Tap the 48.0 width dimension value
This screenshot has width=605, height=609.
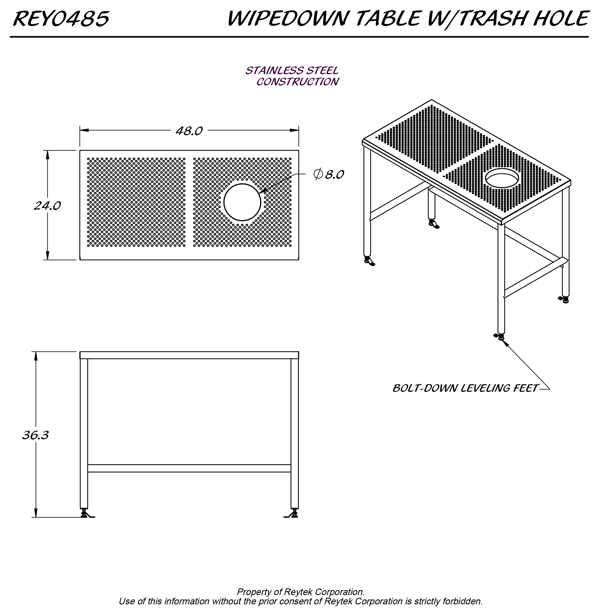189,131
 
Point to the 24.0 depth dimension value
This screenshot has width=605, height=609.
47,206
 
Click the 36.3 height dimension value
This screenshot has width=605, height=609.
35,435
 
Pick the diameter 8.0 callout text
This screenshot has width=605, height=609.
329,174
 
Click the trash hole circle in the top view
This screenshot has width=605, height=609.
242,202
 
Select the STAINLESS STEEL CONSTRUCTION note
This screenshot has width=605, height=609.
292,76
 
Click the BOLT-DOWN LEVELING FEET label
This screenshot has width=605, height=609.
465,388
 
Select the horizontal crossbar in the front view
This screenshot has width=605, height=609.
189,469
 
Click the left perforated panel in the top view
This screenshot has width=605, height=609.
136,202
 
